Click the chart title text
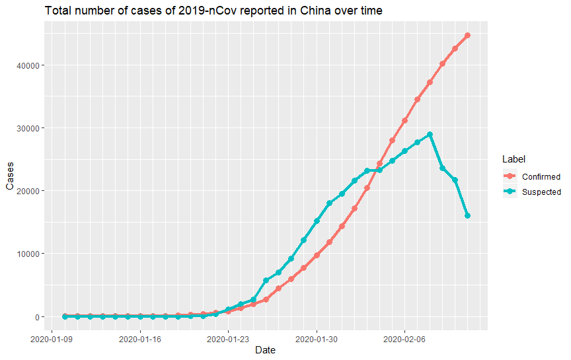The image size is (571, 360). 213,11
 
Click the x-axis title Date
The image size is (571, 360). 265,350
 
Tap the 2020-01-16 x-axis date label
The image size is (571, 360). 140,339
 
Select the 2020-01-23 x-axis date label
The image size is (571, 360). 229,339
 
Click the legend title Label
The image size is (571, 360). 513,159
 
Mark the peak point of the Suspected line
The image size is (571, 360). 430,135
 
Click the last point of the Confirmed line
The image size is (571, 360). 468,36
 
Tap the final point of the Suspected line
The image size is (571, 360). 468,216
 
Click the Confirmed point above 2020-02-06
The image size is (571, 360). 405,120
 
